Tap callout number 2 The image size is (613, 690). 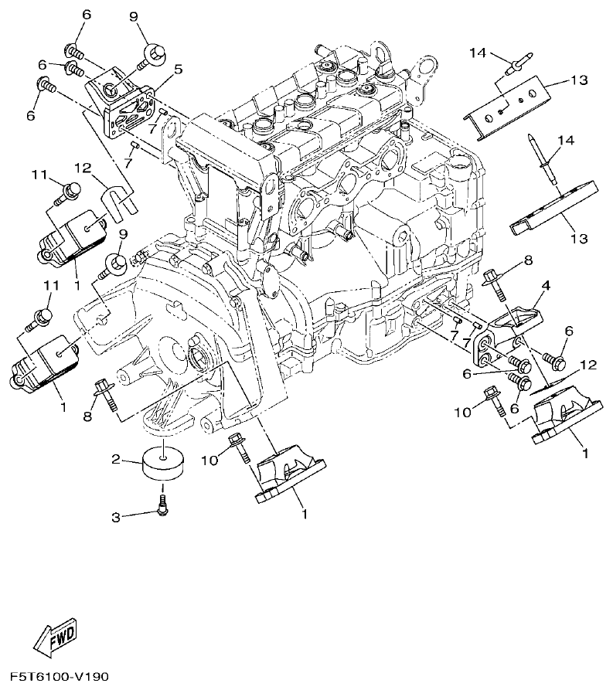click(117, 460)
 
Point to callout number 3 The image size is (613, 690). click(115, 517)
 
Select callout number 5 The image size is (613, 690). click(178, 70)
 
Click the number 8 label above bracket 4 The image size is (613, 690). click(528, 260)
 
